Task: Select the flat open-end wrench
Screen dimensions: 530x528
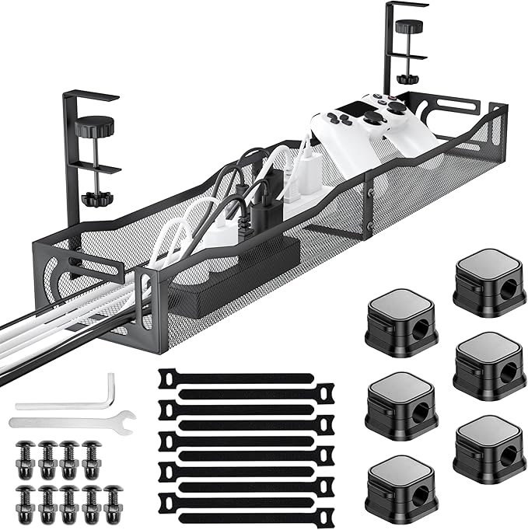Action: (x=70, y=423)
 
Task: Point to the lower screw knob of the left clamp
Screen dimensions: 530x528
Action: (x=95, y=198)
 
